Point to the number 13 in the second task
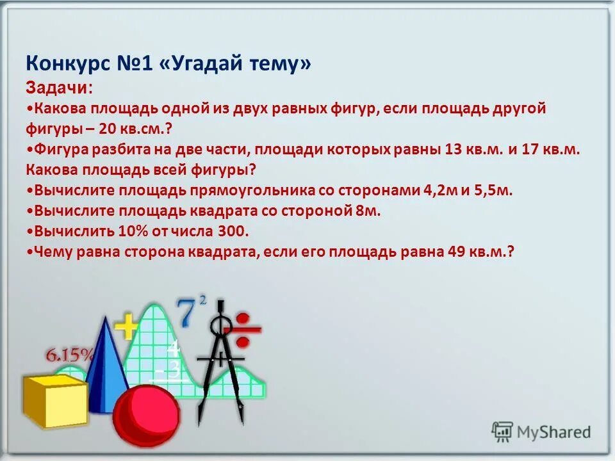tap(454, 149)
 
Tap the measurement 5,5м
tap(493, 190)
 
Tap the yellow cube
tap(54, 400)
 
